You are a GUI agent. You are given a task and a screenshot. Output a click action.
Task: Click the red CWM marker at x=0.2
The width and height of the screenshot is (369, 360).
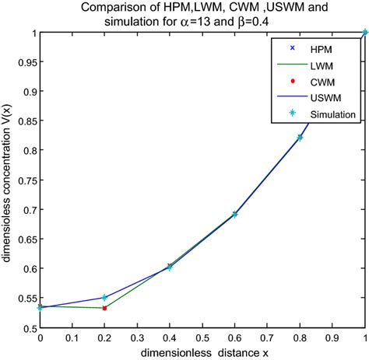105,308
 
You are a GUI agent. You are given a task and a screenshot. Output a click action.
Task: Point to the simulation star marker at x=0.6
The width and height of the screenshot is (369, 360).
235,214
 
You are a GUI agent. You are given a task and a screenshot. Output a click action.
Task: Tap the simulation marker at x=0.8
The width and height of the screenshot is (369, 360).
300,138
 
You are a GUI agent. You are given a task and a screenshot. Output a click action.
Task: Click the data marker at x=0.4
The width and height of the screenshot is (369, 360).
170,267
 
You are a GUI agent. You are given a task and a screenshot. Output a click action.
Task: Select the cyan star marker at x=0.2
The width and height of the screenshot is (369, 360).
105,298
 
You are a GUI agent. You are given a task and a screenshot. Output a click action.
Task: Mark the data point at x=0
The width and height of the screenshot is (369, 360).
40,307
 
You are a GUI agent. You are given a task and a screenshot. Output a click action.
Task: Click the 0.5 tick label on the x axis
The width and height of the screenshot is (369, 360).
202,338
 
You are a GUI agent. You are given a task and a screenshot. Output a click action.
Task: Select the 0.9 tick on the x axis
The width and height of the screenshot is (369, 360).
332,338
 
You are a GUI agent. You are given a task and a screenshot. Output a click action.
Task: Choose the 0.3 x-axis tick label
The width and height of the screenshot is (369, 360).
137,338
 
